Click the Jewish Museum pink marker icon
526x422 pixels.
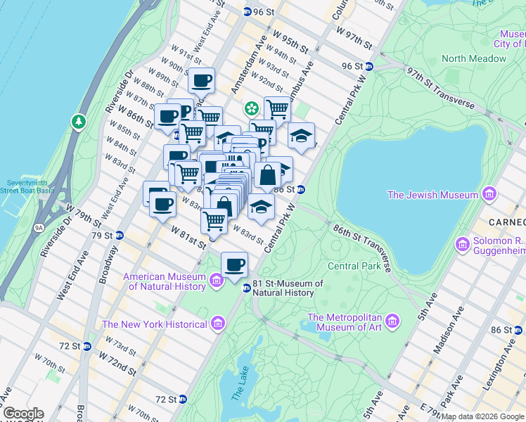pyautogui.click(x=489, y=195)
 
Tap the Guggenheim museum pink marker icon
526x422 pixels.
pyautogui.click(x=462, y=245)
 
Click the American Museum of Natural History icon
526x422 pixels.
pyautogui.click(x=217, y=281)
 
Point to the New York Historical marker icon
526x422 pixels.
pyautogui.click(x=217, y=324)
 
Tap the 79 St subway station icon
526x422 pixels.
pyautogui.click(x=120, y=235)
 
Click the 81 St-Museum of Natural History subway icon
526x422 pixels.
pyautogui.click(x=247, y=288)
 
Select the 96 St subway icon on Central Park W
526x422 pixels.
pyautogui.click(x=369, y=67)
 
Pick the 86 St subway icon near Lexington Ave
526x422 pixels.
pyautogui.click(x=520, y=329)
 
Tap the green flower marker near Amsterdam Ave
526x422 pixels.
pyautogui.click(x=250, y=108)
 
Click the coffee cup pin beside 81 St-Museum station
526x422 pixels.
pyautogui.click(x=234, y=264)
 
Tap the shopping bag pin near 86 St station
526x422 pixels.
pyautogui.click(x=267, y=174)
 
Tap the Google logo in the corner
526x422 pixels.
pyautogui.click(x=23, y=414)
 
